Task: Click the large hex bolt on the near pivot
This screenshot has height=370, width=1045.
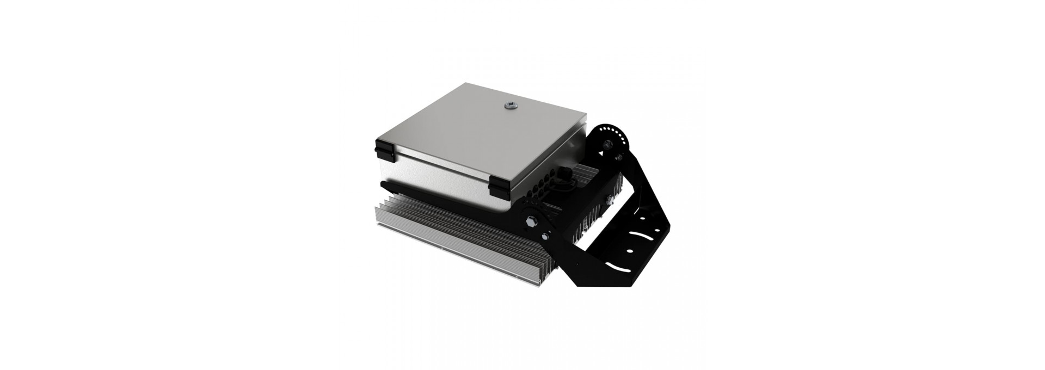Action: [x=532, y=221]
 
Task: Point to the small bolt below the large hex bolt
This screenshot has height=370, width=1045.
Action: [x=545, y=235]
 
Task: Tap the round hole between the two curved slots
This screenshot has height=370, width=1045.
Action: [x=629, y=251]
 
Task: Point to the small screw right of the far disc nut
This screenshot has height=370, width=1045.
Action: [x=619, y=158]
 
